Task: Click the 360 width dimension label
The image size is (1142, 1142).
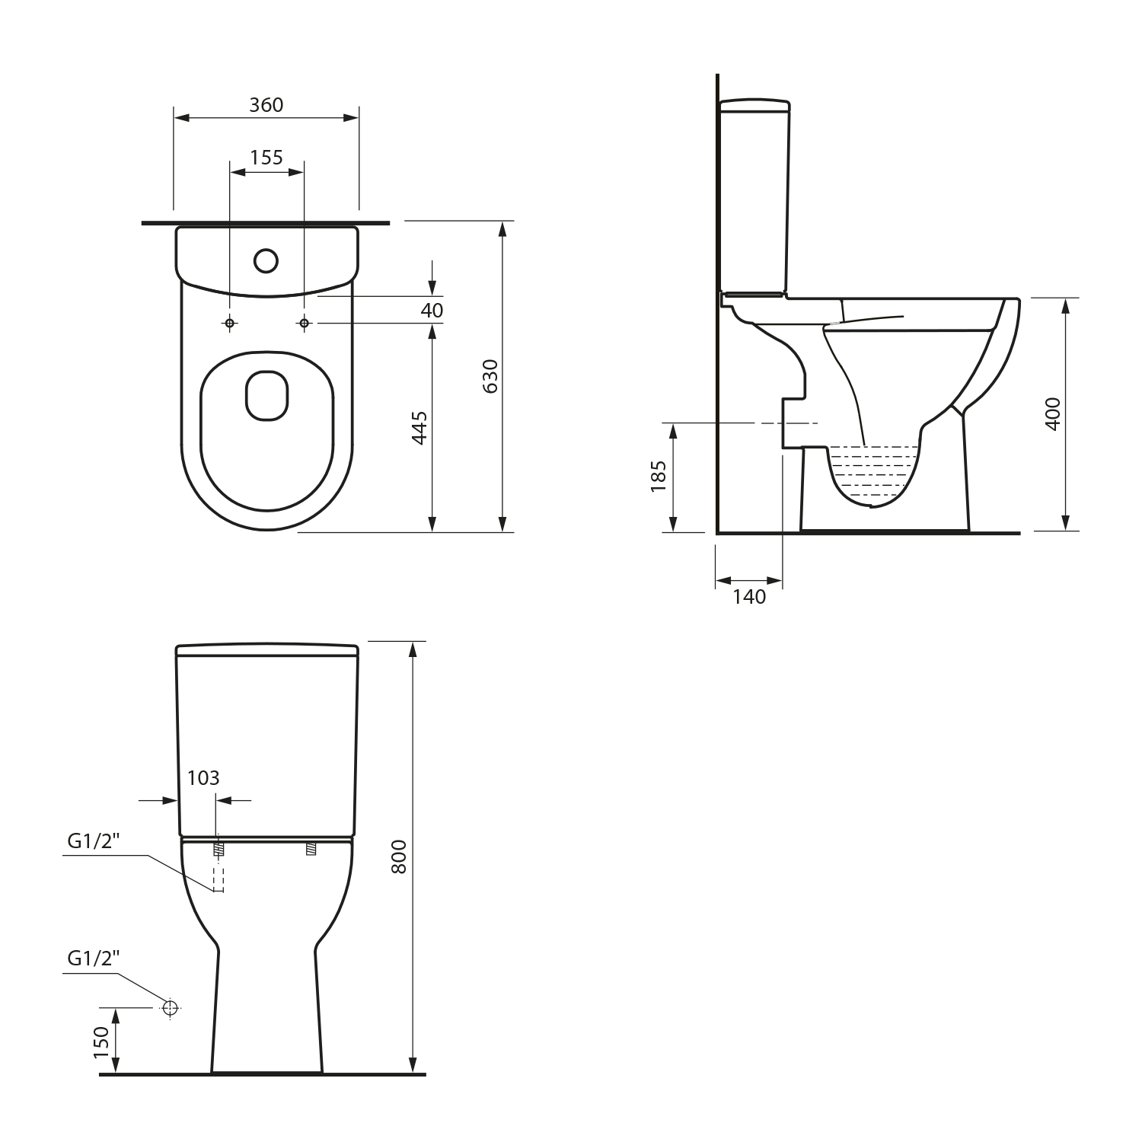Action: click(266, 105)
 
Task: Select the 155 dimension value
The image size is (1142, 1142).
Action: click(266, 158)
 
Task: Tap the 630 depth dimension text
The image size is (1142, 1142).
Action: click(491, 376)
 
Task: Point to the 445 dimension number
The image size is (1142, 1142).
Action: click(419, 428)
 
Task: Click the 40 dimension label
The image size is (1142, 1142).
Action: click(432, 311)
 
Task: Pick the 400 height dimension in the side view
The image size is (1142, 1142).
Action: click(1053, 414)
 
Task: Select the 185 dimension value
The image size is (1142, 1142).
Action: click(659, 477)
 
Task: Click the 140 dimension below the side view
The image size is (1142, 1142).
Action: click(749, 597)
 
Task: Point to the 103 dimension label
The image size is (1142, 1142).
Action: click(203, 778)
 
